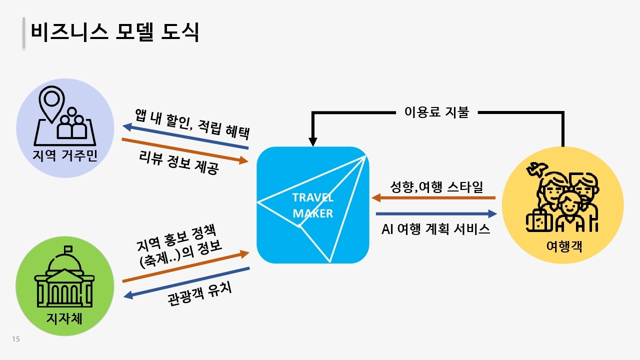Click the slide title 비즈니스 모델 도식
(x=115, y=31)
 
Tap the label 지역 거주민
(x=65, y=155)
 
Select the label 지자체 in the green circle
(x=64, y=318)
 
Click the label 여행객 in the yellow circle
(x=564, y=246)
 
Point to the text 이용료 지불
(x=437, y=112)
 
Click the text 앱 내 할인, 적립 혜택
(x=192, y=124)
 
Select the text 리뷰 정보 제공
(x=179, y=162)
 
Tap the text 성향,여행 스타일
(x=436, y=187)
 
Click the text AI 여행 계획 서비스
(x=435, y=229)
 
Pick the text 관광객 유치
(x=199, y=294)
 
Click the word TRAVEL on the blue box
(x=313, y=197)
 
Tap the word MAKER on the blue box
(x=313, y=213)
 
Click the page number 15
(x=16, y=339)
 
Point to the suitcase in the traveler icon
(x=539, y=221)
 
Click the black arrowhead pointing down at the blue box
(x=313, y=141)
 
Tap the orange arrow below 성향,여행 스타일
(x=433, y=197)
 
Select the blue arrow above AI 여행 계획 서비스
(x=436, y=213)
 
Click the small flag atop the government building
(x=68, y=249)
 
